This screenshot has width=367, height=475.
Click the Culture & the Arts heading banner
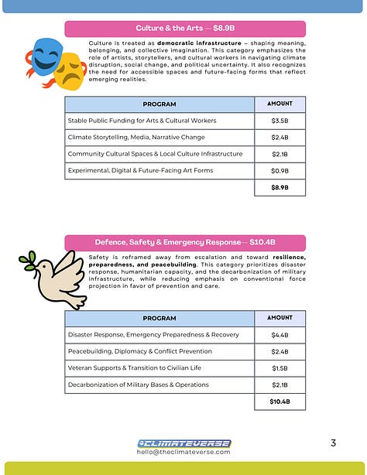[x=185, y=29]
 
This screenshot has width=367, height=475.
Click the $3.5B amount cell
[x=280, y=121]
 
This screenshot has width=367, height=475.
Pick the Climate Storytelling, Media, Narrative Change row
[x=159, y=138]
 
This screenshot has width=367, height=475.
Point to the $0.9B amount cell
[x=280, y=170]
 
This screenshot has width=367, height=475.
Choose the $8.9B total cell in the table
[x=280, y=187]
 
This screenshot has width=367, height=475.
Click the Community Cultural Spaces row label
[x=159, y=154]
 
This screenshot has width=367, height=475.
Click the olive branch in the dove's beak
[x=29, y=260]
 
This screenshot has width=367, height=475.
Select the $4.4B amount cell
[x=280, y=335]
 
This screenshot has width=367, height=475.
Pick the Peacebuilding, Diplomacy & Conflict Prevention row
[x=159, y=351]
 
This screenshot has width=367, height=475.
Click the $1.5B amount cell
[x=280, y=367]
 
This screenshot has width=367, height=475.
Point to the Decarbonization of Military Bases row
[x=159, y=384]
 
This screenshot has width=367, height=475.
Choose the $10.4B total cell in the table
[x=280, y=402]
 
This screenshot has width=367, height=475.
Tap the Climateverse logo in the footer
[x=183, y=443]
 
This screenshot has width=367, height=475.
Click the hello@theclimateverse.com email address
[x=183, y=453]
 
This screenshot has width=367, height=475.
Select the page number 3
[x=333, y=443]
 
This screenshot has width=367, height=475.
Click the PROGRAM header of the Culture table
[x=159, y=104]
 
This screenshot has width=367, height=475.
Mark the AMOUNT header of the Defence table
[x=280, y=318]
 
